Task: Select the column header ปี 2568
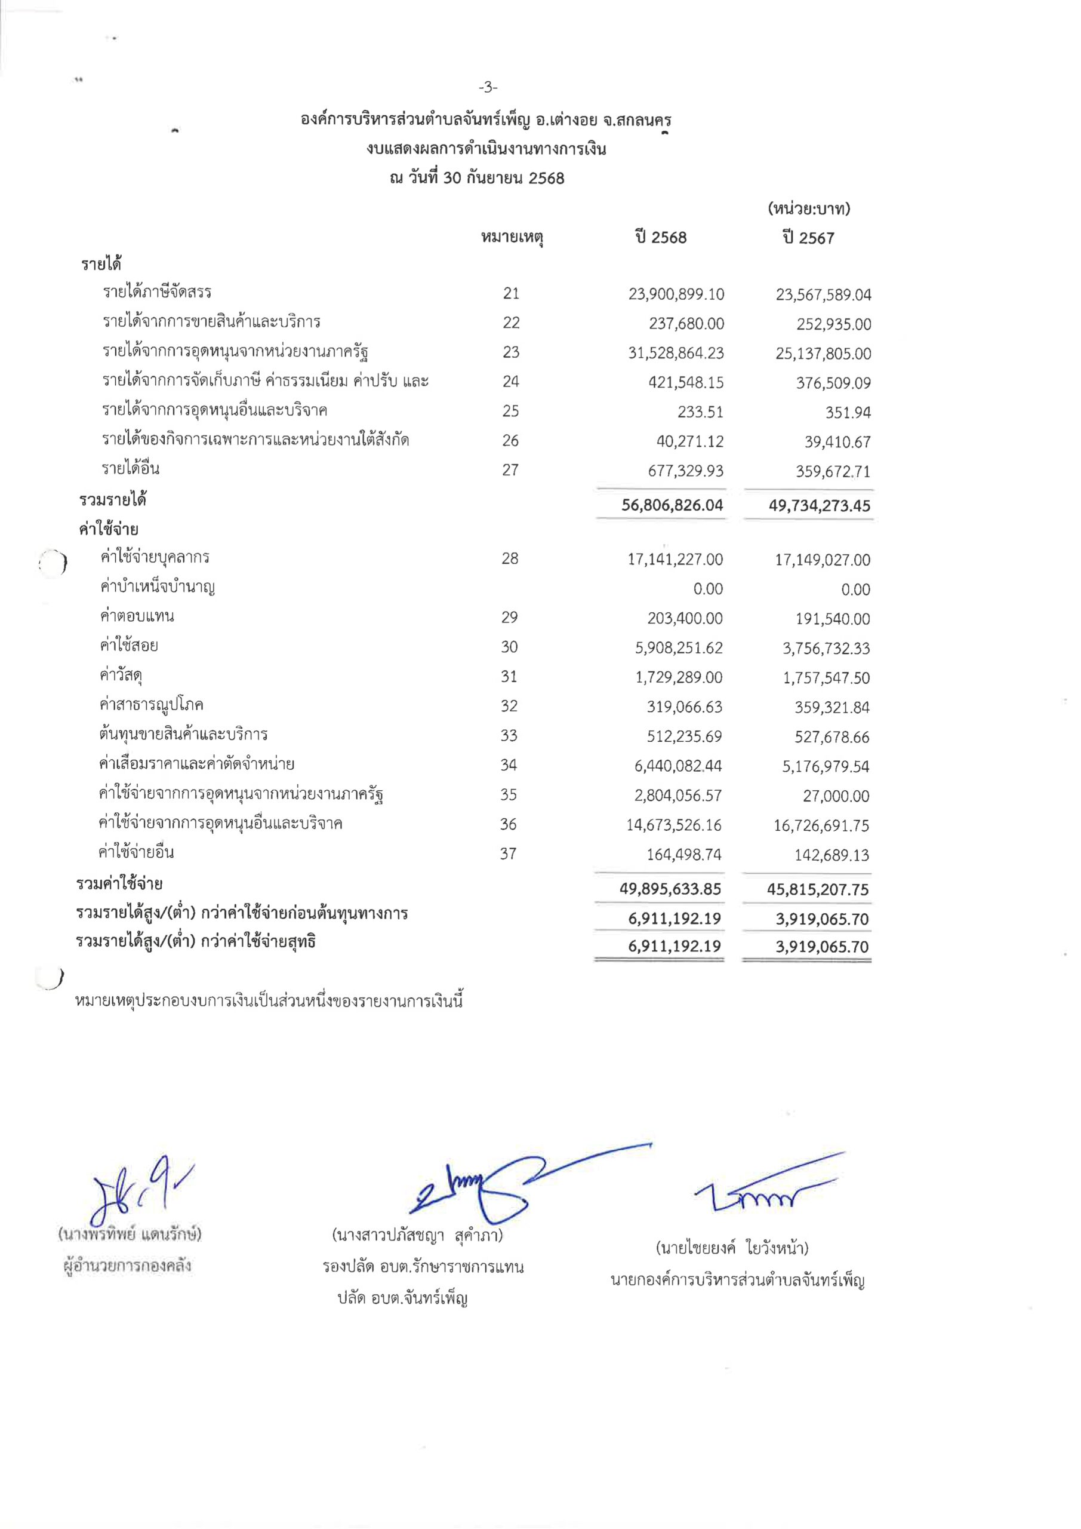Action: [660, 238]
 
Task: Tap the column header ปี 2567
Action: [808, 238]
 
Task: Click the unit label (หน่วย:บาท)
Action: [809, 209]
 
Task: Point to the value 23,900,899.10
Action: [676, 294]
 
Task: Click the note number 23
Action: [510, 352]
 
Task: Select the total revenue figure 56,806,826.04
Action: [672, 505]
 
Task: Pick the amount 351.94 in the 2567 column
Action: [848, 413]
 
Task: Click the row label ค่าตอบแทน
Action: [137, 616]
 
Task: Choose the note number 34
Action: [509, 765]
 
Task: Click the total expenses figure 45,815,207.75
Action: [817, 890]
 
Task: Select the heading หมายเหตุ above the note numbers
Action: [512, 238]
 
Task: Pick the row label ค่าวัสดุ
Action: [121, 676]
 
